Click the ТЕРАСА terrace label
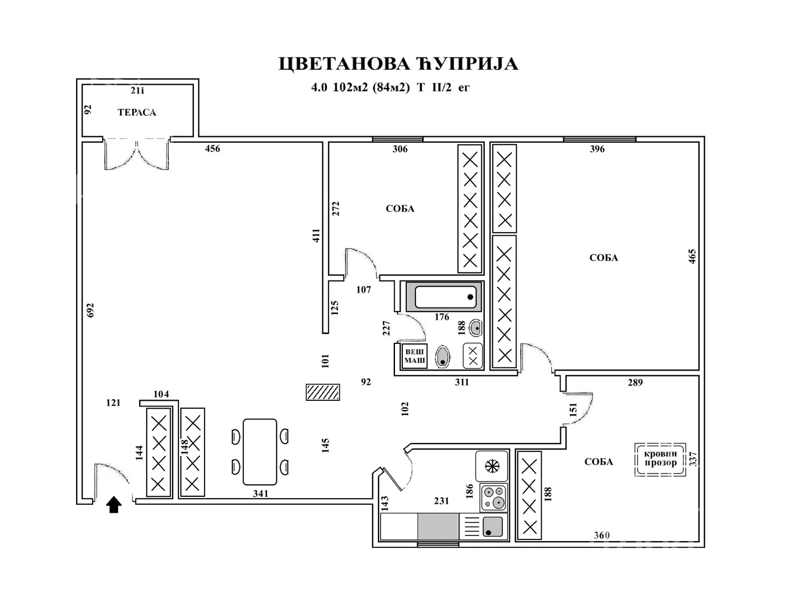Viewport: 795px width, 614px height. (137, 113)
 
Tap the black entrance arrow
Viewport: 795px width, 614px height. (114, 504)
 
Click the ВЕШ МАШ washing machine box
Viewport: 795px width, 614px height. (414, 356)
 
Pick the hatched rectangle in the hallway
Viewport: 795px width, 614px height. (323, 392)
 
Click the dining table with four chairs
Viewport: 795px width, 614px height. (260, 452)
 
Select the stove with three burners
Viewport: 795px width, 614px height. (493, 497)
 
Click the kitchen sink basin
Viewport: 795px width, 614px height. (492, 526)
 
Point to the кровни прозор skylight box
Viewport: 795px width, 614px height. (660, 458)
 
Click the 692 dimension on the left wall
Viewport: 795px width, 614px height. (90, 310)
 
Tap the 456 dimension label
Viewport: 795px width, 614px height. (213, 149)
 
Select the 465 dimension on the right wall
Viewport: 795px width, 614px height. (692, 256)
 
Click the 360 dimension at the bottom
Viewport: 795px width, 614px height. (602, 535)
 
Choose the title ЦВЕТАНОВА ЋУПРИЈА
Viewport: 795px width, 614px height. (398, 64)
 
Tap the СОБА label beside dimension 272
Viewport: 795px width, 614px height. (400, 209)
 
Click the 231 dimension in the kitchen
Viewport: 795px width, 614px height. (442, 501)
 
